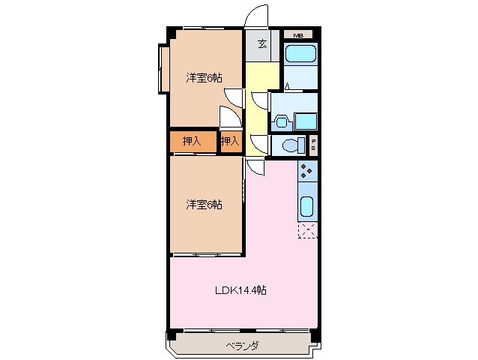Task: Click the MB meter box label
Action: coord(298,35)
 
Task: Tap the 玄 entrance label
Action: coord(262,44)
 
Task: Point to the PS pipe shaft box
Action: coord(313,145)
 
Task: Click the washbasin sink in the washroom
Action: coord(281,120)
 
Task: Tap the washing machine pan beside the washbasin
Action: coord(305,121)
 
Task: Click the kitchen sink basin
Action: coord(307,205)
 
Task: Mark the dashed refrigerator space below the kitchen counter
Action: coord(307,230)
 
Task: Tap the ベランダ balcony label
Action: coord(241,346)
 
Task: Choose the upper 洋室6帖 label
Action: coord(203,76)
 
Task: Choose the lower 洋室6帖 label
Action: coord(203,204)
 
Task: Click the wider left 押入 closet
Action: coord(193,141)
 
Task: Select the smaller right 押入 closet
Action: coord(231,141)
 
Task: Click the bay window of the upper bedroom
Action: coord(163,70)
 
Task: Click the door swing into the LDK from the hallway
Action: coord(255,167)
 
